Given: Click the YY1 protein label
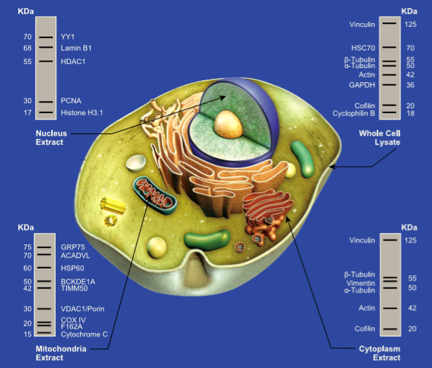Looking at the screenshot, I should (x=67, y=37).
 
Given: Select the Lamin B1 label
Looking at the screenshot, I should (x=76, y=48).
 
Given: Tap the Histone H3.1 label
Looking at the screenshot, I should (x=81, y=112).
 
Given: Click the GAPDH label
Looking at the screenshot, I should (x=363, y=85).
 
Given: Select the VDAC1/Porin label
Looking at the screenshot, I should (x=84, y=309).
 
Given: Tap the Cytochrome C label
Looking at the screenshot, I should (x=84, y=334).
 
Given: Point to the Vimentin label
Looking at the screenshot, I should (x=362, y=282).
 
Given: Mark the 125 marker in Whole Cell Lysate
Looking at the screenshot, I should (x=410, y=25).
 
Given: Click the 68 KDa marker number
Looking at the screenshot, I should (x=27, y=48).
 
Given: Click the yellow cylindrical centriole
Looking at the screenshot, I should (x=112, y=204).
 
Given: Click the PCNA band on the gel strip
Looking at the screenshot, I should (x=46, y=101).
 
